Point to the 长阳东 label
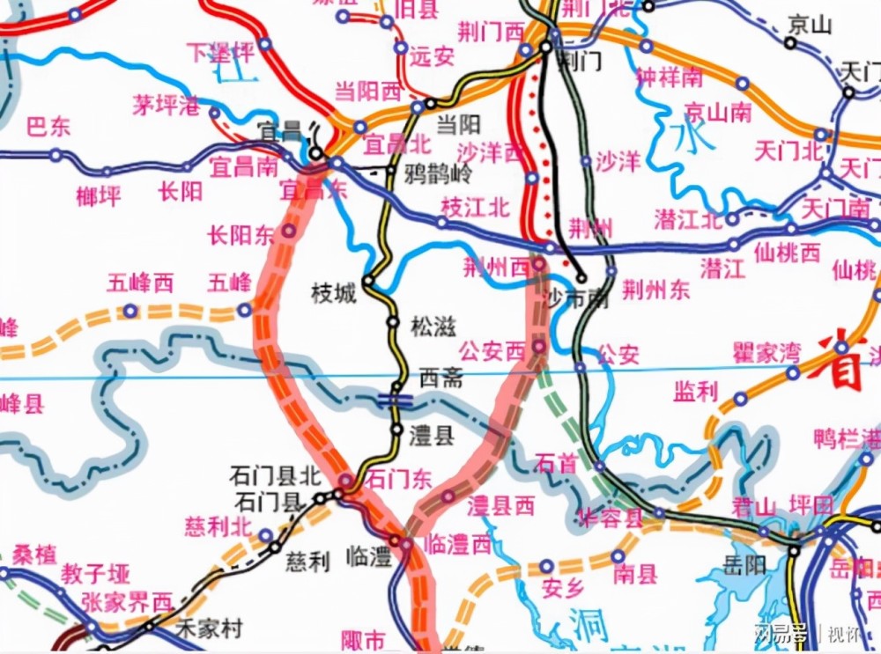pos(241,236)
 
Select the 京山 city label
pos(810,24)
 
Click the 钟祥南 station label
pos(670,77)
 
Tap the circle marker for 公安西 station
pos(539,349)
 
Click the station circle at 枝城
pos(368,281)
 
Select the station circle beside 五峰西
pos(130,310)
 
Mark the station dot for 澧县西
pos(448,497)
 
